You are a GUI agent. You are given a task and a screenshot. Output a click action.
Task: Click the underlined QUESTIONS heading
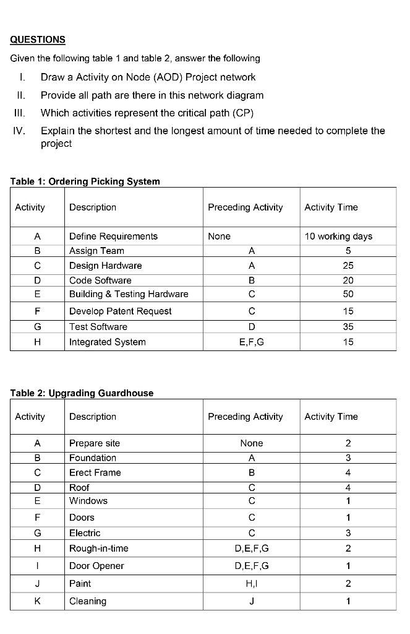coord(38,40)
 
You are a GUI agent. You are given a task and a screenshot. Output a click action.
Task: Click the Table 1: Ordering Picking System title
coord(85,181)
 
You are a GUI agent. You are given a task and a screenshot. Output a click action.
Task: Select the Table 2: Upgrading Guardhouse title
coord(82,393)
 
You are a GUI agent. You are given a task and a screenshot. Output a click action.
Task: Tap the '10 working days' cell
coord(338,237)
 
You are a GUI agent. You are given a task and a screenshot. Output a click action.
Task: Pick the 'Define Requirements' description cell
coord(113,237)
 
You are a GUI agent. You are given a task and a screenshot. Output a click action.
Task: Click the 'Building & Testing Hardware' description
coord(129,294)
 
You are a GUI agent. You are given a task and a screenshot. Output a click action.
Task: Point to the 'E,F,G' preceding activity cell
coord(251,342)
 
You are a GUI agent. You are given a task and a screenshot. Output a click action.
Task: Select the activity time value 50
coord(348,294)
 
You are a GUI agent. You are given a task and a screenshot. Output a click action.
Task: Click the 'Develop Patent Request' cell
coord(121,311)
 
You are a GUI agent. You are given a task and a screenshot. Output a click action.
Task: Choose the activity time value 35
coord(348,327)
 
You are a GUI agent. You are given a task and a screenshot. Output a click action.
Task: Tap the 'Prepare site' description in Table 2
coord(95,443)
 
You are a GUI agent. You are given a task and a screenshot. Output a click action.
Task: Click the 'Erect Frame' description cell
coord(95,472)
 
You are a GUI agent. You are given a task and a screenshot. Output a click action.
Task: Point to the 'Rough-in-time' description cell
coord(99,549)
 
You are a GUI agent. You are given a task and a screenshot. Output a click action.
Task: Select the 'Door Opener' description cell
coord(96,566)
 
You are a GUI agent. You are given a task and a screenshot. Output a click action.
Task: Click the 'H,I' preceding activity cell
coord(251,583)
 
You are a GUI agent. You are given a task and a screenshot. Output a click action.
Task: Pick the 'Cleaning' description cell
coord(88,601)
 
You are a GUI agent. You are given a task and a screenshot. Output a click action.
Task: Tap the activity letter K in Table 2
coord(37,601)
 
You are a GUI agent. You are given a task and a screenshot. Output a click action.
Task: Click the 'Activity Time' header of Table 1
coord(331,207)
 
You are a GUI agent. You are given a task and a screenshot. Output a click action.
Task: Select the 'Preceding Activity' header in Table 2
coord(245,417)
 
